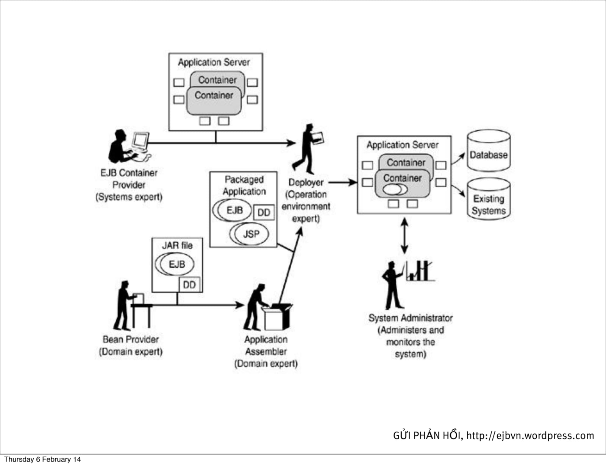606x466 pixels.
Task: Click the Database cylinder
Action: (x=489, y=151)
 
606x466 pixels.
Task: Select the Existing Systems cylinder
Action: (x=489, y=199)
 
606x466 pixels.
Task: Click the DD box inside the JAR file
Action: (x=189, y=284)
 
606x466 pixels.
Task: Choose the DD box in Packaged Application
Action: (x=264, y=212)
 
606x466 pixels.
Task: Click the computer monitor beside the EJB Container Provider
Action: (x=141, y=141)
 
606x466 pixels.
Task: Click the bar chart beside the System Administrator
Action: (x=420, y=271)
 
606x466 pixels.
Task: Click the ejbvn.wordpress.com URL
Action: (x=530, y=435)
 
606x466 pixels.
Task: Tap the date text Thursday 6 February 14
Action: (x=42, y=459)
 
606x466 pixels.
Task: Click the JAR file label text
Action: (x=177, y=245)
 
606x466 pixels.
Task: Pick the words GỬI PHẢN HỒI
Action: (x=427, y=435)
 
